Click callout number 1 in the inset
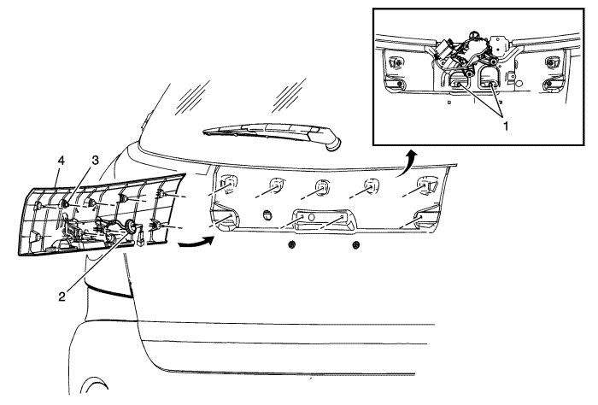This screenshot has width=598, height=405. pos(506,126)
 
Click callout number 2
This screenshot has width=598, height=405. pos(62,296)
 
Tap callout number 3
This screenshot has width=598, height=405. pos(94,160)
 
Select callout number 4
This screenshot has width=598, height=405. pos(61,161)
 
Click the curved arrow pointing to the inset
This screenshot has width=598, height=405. pos(407,162)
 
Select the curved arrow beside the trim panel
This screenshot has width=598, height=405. pos(196,243)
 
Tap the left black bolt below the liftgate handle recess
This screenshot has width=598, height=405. pos(292,244)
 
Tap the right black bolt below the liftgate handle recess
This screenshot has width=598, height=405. pos(355,244)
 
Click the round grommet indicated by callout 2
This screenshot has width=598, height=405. pos(131,226)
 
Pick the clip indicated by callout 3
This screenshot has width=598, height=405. pos(65,204)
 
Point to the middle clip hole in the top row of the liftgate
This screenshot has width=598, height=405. pos(322,187)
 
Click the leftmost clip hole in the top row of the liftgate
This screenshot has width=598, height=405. pos(227,181)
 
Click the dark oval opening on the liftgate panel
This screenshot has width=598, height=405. pos(267,215)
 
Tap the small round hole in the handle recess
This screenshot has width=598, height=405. pos(311,217)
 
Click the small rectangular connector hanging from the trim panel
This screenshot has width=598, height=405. pos(140,239)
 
